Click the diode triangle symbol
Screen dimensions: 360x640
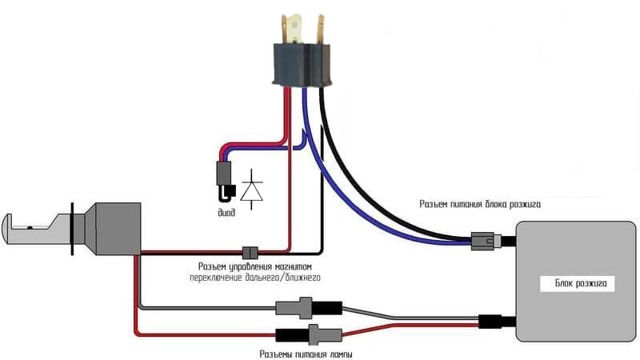[254, 187]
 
